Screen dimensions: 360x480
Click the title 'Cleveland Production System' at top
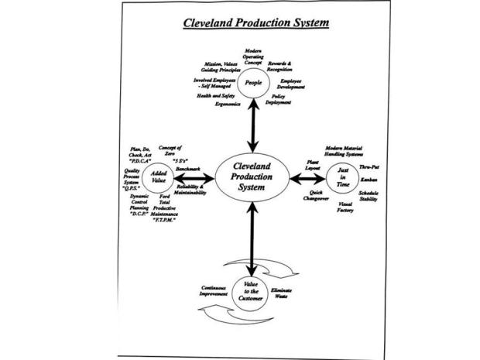(x=255, y=22)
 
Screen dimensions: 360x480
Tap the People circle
(x=252, y=83)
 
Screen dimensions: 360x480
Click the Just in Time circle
(x=342, y=179)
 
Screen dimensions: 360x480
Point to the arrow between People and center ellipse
(x=252, y=126)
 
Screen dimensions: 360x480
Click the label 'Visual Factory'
(x=346, y=207)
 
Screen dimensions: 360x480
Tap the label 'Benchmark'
(x=189, y=168)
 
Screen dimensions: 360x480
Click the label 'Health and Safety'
(x=214, y=96)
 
